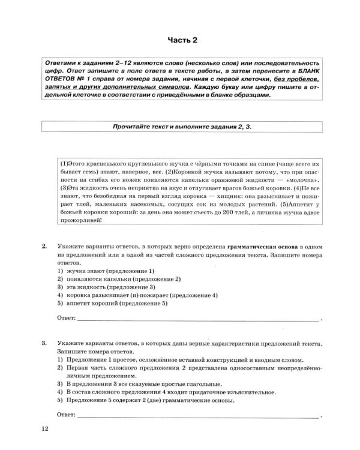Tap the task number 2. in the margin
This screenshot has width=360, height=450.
click(44, 247)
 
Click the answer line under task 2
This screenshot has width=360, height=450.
click(198, 318)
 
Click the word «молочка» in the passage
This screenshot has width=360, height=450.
click(301, 180)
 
